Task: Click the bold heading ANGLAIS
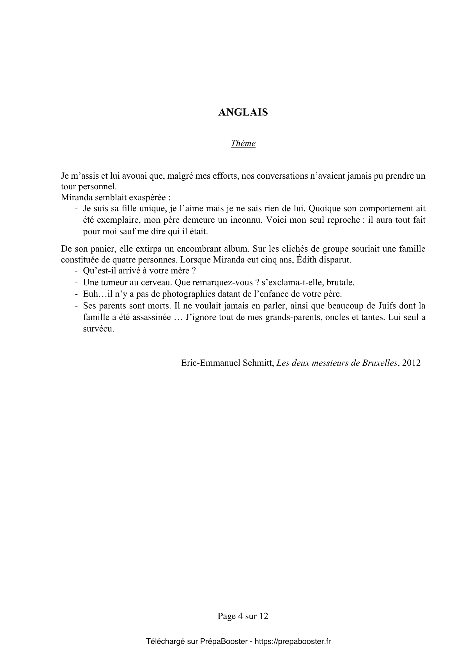[243, 112]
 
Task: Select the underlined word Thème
[243, 143]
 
